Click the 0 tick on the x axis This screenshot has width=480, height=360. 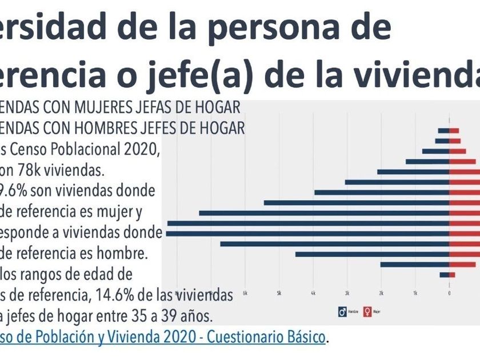tap(450, 293)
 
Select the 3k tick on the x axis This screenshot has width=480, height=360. tap(347, 293)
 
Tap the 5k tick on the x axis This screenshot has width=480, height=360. tap(279, 293)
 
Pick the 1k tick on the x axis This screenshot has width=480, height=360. tap(415, 293)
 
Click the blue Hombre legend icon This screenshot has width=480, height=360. tap(342, 312)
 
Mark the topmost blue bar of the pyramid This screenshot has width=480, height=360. tap(443, 131)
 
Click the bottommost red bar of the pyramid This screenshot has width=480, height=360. tap(453, 275)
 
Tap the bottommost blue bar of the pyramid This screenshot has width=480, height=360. tap(445, 275)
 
